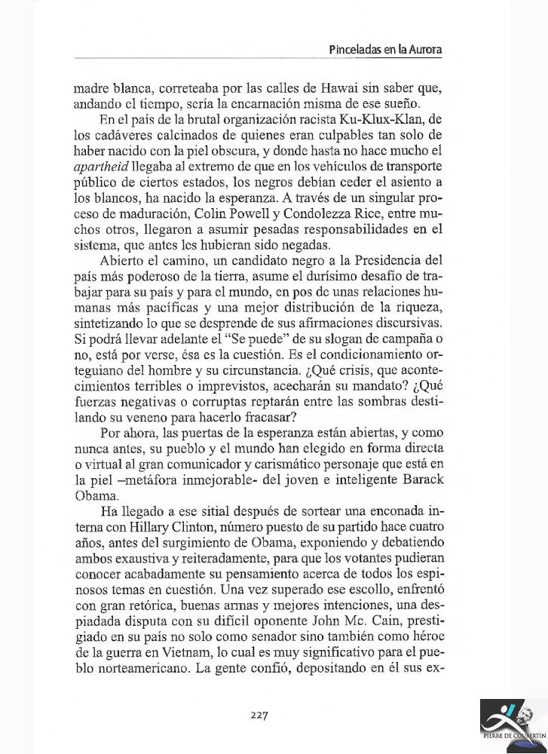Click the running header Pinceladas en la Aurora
385,50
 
